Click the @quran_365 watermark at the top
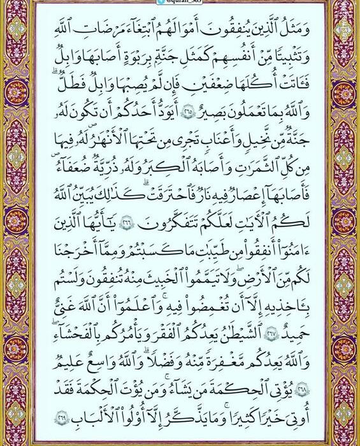pyautogui.click(x=180, y=3)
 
